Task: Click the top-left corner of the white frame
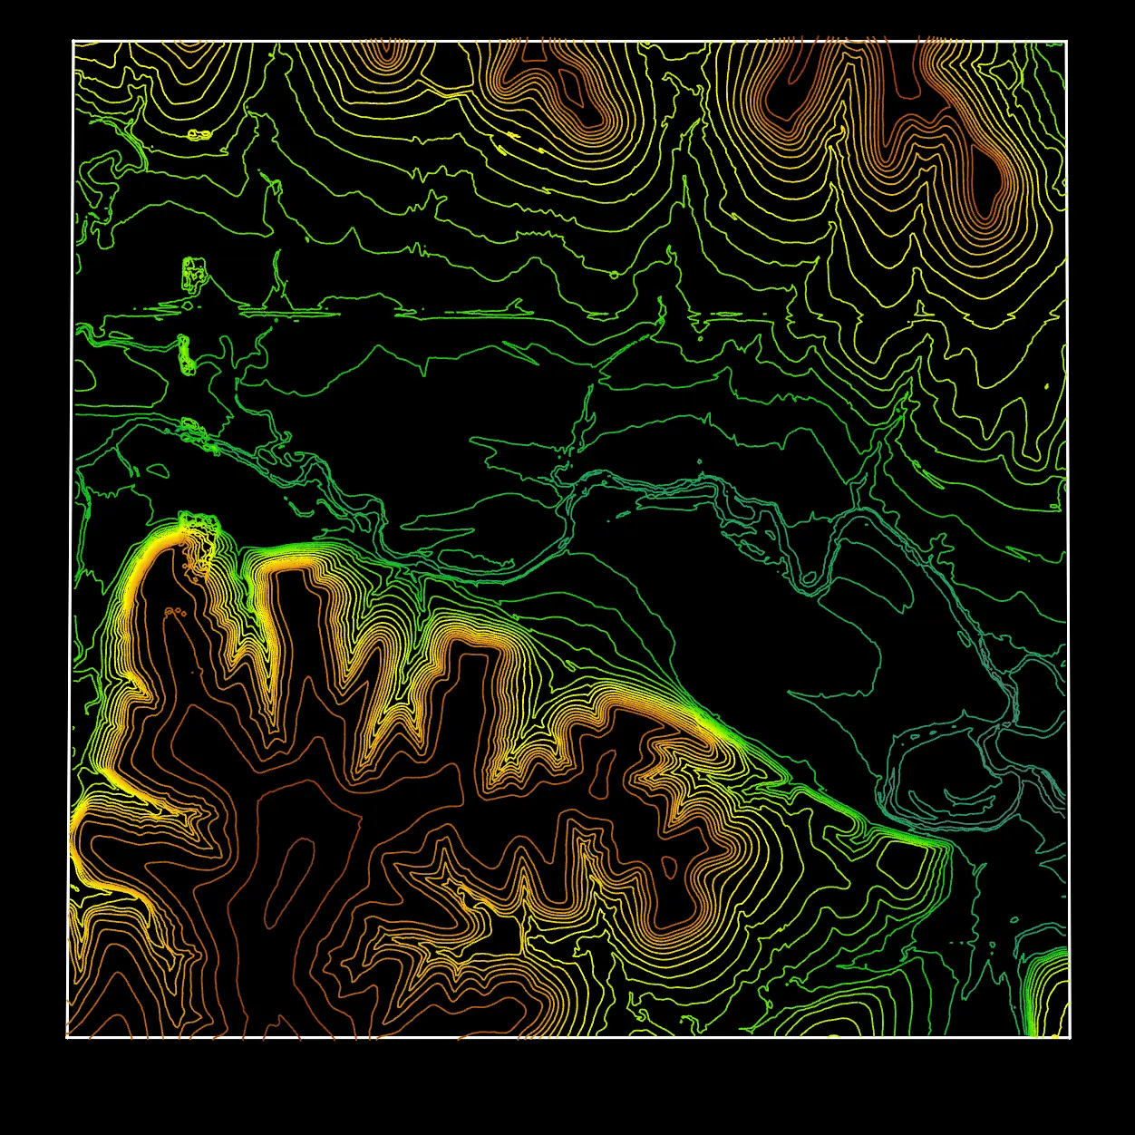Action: click(x=73, y=42)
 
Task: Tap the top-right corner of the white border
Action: click(x=1067, y=42)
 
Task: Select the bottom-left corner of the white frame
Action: click(x=68, y=1036)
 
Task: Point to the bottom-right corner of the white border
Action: click(x=1070, y=1036)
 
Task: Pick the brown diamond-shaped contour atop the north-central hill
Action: click(x=572, y=84)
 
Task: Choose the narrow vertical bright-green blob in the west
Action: click(x=186, y=354)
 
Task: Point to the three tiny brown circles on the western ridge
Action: click(x=175, y=613)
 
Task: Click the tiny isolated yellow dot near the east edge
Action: click(x=1047, y=387)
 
